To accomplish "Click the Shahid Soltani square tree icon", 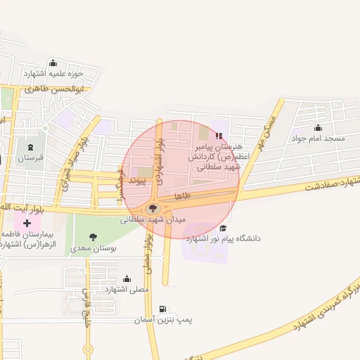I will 153,207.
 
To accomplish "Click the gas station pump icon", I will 163,309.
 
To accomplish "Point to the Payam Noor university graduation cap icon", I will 223,228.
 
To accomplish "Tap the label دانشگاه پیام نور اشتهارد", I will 223,239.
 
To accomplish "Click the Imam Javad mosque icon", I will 319,127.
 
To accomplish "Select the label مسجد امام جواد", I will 319,139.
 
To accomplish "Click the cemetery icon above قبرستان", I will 31,147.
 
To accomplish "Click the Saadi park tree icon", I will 94,237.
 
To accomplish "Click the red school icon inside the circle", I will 219,135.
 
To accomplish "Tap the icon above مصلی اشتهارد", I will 127,278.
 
